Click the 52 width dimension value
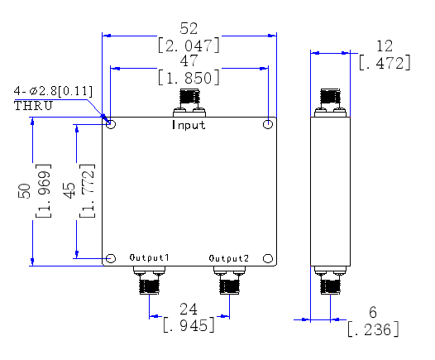coord(189,28)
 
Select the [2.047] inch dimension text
coord(189,46)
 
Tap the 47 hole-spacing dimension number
coord(189,60)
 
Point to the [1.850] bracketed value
coord(189,78)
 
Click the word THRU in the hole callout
coord(33,106)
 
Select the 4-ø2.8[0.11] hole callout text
coord(53,91)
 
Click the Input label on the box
coord(189,125)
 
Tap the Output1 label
coord(149,257)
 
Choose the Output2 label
coord(229,258)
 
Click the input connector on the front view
coord(189,103)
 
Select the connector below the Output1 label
coord(149,280)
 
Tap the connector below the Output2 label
coord(229,280)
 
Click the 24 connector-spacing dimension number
coord(189,310)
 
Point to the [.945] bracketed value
coord(189,325)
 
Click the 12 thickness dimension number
coord(385,46)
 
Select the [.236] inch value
coord(373,329)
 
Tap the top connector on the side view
coord(330,103)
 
